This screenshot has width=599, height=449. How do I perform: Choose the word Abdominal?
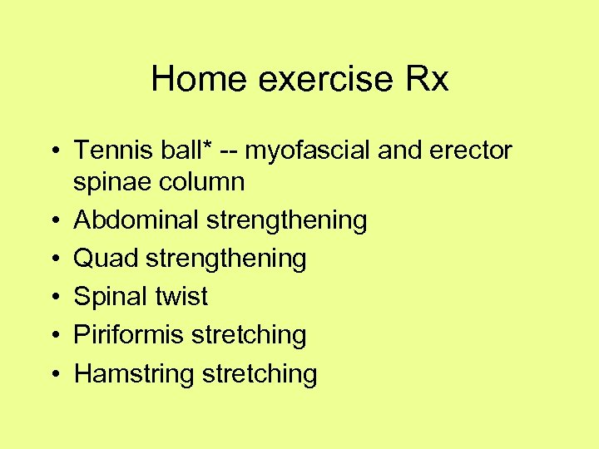tap(136, 220)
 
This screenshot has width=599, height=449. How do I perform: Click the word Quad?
tap(106, 258)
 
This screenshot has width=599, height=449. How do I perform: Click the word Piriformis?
tap(129, 334)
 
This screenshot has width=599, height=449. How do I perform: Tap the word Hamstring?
tap(134, 373)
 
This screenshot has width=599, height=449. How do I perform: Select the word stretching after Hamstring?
tap(259, 373)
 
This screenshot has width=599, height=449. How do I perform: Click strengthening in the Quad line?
tap(226, 259)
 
